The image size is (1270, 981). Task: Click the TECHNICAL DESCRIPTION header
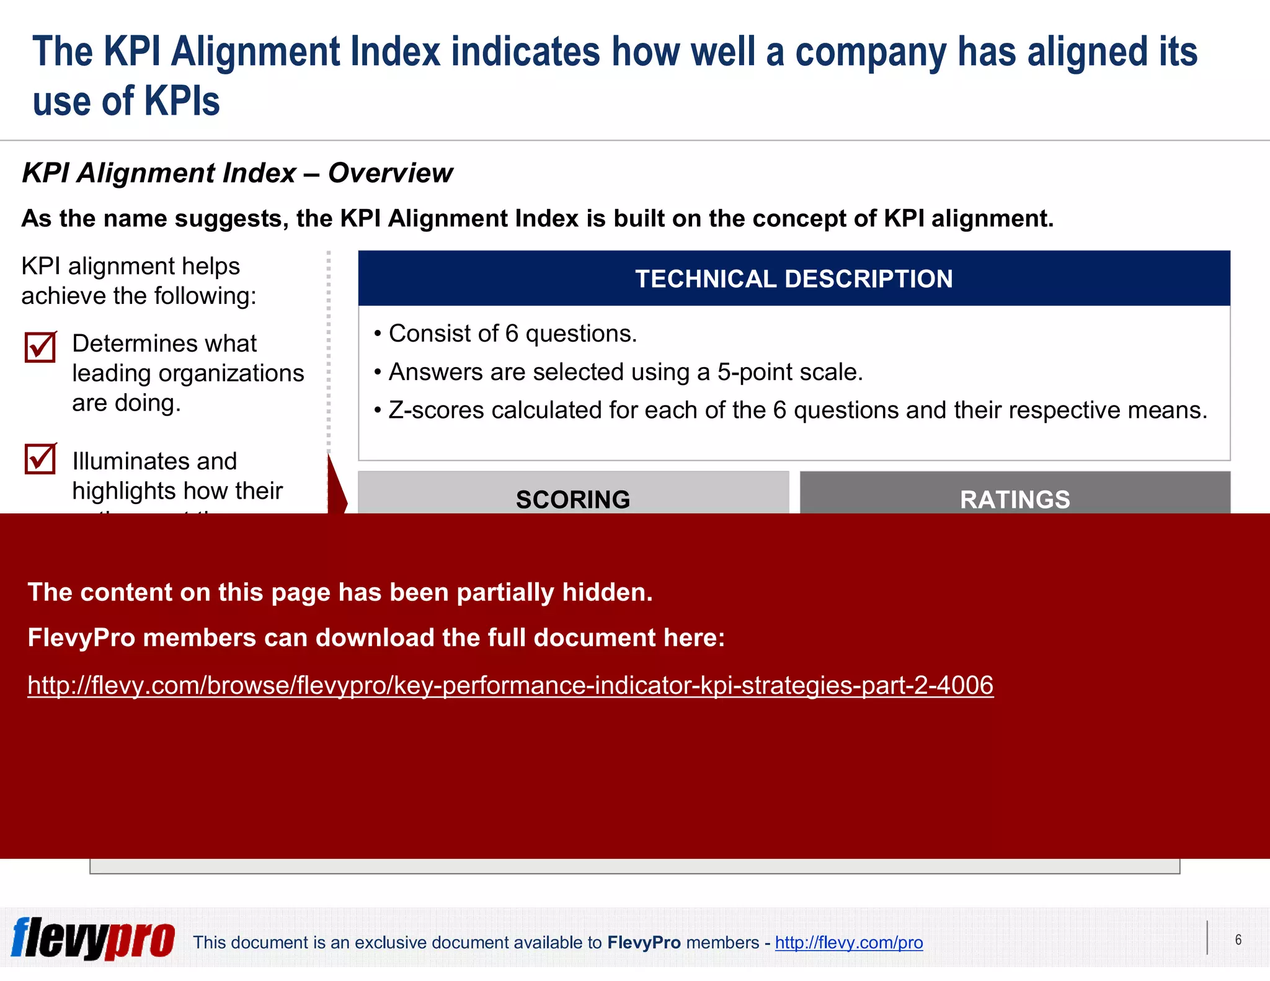click(794, 279)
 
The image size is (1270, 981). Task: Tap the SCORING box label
click(573, 499)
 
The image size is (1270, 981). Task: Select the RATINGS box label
click(1015, 499)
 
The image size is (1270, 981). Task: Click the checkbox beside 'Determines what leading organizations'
click(40, 347)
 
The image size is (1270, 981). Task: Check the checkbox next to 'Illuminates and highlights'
click(40, 459)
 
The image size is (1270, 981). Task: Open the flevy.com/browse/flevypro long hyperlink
click(510, 685)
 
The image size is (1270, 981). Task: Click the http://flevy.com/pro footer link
click(848, 943)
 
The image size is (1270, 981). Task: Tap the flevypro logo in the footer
click(93, 938)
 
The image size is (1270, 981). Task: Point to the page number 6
click(1238, 939)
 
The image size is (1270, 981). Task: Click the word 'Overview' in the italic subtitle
click(390, 173)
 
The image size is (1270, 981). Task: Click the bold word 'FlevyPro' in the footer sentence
click(644, 943)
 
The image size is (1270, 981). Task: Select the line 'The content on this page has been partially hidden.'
click(340, 592)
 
